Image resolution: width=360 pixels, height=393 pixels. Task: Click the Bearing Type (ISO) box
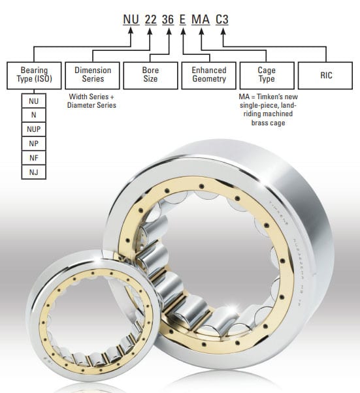coord(33,75)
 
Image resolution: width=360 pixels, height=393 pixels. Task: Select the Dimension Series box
coord(93,75)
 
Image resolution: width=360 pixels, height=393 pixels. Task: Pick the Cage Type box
coord(266,75)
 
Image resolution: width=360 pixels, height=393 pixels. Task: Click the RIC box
coord(325,75)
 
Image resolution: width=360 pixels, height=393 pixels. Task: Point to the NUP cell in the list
coord(33,129)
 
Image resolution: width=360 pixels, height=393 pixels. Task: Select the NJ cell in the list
coord(33,172)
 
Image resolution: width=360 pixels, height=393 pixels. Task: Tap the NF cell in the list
coord(33,158)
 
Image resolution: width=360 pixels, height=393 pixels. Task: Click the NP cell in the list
coord(33,144)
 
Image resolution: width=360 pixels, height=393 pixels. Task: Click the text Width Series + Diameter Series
coord(92,101)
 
